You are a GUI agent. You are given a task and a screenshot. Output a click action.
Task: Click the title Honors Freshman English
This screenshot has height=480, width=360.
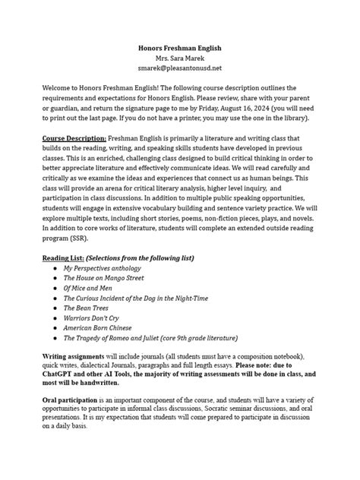coord(179,48)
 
